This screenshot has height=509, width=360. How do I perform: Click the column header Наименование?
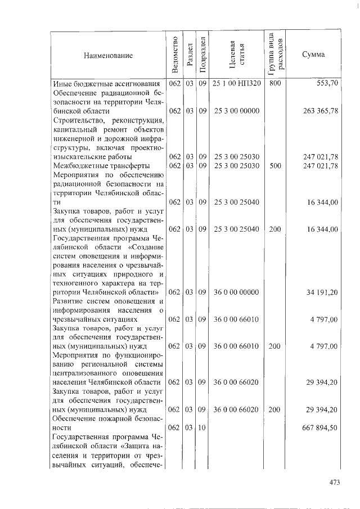coord(108,55)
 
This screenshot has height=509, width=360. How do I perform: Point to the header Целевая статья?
coord(236,55)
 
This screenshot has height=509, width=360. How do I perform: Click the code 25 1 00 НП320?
coord(236,83)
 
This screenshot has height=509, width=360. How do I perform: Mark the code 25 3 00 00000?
coord(236,111)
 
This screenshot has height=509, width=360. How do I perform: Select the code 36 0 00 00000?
coord(236,292)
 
